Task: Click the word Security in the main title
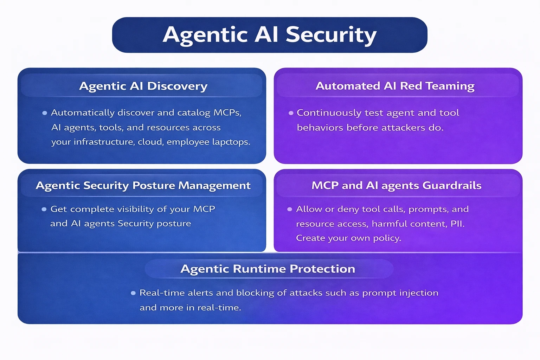331,35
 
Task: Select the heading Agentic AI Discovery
143,86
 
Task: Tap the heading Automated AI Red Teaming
395,86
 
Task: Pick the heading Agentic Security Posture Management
143,186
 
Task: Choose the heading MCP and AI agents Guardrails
396,186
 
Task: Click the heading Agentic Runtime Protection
268,269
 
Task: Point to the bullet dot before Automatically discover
45,113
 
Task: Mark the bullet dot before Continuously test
291,113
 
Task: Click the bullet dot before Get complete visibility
44,209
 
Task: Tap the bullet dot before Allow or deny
290,209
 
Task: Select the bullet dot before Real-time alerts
133,293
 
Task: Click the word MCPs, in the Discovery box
227,113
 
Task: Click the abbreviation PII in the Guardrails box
457,224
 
